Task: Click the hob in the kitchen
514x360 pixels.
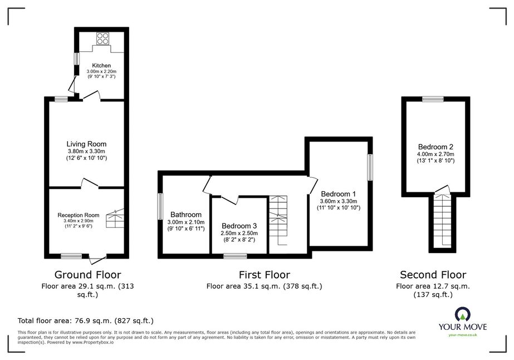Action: click(102, 38)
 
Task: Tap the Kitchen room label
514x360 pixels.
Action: click(101, 66)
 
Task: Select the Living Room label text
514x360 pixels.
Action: click(86, 144)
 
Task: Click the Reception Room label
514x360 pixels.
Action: click(79, 215)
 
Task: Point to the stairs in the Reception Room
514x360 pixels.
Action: click(115, 218)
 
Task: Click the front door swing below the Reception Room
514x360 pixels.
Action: click(97, 259)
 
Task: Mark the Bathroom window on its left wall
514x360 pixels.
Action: click(160, 206)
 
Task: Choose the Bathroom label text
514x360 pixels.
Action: click(186, 215)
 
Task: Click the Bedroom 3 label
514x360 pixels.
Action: click(239, 226)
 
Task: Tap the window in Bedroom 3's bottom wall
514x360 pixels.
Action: click(236, 256)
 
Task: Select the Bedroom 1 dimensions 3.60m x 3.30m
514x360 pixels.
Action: click(339, 201)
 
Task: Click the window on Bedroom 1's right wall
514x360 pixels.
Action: click(370, 167)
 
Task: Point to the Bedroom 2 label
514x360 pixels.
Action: click(435, 147)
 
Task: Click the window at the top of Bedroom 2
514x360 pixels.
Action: click(433, 99)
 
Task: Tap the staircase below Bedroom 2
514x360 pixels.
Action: click(443, 221)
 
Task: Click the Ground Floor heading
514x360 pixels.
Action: click(87, 275)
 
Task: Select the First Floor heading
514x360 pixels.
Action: click(264, 275)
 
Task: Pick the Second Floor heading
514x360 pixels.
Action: click(433, 275)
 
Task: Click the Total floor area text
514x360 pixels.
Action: click(86, 320)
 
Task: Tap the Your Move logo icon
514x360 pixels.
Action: click(463, 314)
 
